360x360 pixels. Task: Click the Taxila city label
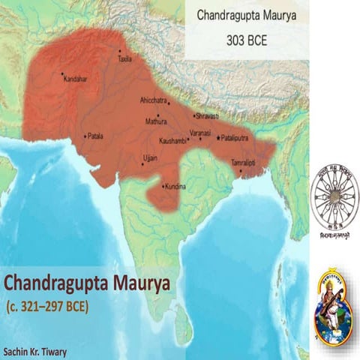[124, 58]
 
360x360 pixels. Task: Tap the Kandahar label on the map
[76, 78]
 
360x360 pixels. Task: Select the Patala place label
[95, 136]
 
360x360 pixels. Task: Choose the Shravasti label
[206, 117]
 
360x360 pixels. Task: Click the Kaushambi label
[173, 141]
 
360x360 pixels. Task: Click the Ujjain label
[151, 158]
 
